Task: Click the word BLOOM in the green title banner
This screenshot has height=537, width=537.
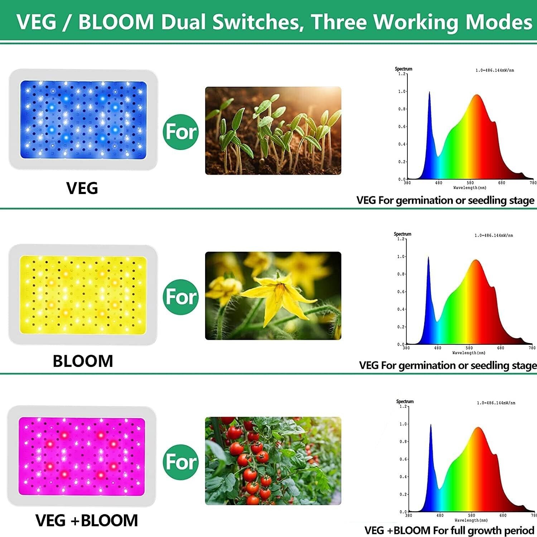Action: point(116,22)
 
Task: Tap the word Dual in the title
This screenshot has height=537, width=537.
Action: point(184,22)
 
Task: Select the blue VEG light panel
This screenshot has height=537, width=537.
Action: point(83,120)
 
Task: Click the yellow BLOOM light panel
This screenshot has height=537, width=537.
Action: point(83,295)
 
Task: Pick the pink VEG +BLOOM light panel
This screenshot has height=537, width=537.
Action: point(82,456)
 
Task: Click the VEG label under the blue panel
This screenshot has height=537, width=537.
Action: point(82,188)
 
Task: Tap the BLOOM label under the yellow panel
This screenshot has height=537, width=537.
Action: point(83,361)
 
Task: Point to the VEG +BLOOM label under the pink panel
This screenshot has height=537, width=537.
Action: point(87,521)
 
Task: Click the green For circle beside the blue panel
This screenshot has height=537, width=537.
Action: point(181,132)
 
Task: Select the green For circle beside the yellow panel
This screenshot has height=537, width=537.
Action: point(181,297)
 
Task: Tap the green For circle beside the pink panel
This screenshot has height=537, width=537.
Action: point(181,462)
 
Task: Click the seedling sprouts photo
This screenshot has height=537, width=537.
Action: point(273,131)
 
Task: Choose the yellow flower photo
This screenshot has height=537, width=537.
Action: point(273,296)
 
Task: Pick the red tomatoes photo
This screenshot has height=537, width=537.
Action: point(273,461)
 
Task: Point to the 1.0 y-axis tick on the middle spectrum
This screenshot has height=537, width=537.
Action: point(401,257)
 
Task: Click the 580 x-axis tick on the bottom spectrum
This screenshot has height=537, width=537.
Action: point(471,516)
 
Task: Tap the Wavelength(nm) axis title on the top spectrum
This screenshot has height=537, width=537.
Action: point(470,188)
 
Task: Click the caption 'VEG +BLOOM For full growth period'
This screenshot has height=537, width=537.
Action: point(449,530)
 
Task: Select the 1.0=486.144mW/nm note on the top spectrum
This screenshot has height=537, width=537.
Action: point(494,70)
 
